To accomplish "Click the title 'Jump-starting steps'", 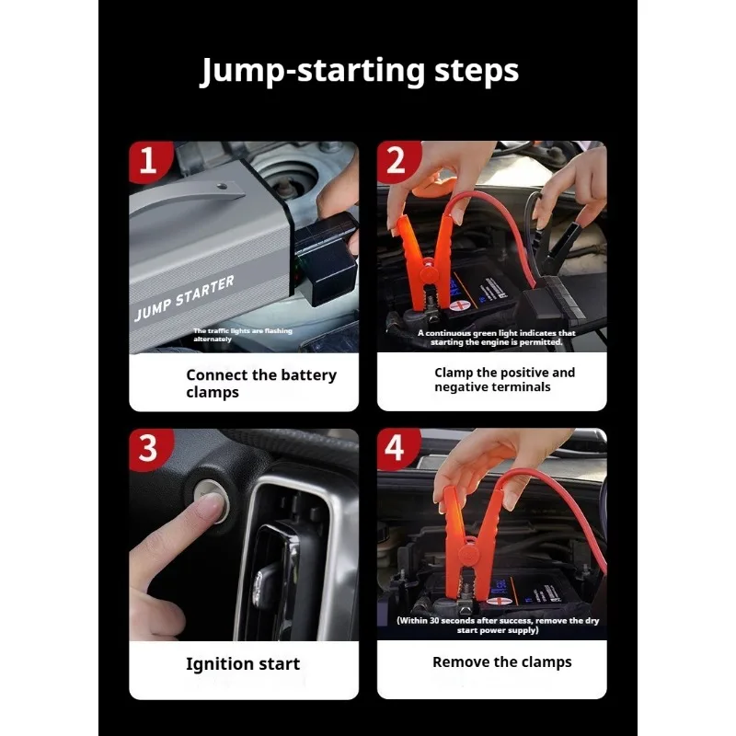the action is point(360,72).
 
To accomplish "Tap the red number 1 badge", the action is point(149,161).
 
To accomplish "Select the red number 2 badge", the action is point(397,161).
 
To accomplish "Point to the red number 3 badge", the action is point(149,449).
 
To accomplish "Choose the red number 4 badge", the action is point(397,448).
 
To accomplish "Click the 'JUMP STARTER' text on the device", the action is point(184,298).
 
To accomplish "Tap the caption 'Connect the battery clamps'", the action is point(261,383).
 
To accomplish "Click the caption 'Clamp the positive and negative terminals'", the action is point(504,379).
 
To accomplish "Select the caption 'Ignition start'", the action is point(243,663).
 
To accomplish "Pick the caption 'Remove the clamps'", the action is point(501,661).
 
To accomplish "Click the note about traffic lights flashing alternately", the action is point(243,335).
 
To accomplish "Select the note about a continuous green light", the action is point(496,338).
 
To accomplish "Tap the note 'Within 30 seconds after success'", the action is point(498,626).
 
